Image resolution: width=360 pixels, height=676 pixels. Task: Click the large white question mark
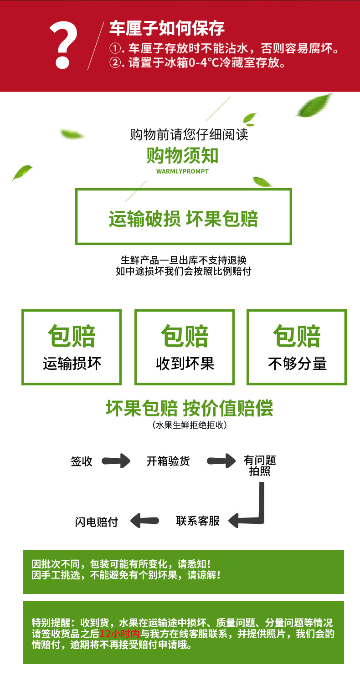[63, 45]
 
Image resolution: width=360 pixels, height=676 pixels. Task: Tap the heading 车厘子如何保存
[167, 28]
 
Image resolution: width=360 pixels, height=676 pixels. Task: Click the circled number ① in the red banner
[114, 48]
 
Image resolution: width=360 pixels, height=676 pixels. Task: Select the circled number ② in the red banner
[114, 63]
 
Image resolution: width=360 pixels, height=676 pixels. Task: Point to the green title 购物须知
[182, 155]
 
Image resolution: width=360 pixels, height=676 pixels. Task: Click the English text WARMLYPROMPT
[182, 171]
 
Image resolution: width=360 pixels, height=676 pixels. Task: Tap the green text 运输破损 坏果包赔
[183, 219]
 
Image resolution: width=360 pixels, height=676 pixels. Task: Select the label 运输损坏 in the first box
[72, 364]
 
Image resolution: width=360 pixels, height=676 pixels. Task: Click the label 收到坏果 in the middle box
[185, 364]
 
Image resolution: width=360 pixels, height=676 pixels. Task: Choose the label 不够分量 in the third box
[297, 364]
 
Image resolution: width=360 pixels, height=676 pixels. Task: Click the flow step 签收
[82, 461]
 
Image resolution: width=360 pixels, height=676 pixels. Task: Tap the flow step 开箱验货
[168, 461]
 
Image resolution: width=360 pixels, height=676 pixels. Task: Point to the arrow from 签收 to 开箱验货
[116, 461]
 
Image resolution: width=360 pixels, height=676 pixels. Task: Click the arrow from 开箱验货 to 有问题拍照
[221, 461]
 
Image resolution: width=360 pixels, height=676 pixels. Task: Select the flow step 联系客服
[198, 521]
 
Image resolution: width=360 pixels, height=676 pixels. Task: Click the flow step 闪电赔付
[96, 522]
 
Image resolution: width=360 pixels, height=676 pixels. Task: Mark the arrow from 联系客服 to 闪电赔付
[144, 521]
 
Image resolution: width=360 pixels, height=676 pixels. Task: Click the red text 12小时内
[119, 634]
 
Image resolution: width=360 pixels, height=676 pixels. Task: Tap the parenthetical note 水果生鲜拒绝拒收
[190, 425]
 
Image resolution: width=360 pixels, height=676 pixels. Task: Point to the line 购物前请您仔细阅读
[189, 134]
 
